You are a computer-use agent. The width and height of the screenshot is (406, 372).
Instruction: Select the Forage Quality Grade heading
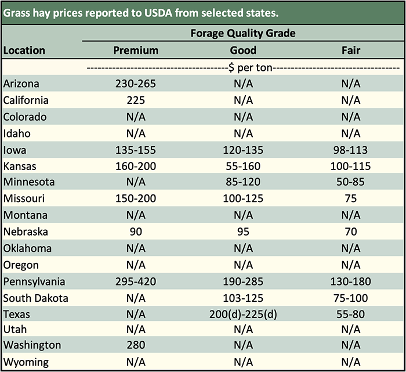point(243,33)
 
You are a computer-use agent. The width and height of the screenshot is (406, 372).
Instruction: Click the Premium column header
point(136,50)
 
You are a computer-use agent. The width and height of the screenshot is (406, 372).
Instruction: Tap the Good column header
point(243,50)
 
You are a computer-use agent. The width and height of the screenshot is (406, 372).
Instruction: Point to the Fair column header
point(351,50)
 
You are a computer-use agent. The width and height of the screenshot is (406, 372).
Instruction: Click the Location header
point(24,50)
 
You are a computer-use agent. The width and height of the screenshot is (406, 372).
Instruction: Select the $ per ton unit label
point(243,67)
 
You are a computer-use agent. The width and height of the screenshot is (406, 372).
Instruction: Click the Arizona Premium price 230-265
point(136,84)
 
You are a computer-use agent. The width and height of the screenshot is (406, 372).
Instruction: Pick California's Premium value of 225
point(136,100)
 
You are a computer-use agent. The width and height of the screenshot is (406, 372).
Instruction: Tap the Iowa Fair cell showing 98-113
point(351,150)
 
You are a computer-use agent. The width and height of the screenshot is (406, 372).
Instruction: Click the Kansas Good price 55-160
point(243,166)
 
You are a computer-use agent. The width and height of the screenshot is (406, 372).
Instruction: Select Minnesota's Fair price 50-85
point(351,182)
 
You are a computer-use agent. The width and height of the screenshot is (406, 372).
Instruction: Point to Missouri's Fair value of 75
point(351,199)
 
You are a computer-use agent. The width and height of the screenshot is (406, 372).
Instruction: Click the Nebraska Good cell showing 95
point(243,232)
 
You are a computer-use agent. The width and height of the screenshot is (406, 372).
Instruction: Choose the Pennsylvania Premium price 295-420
point(136,282)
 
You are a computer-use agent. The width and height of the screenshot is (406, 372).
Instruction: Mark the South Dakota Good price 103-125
point(243,298)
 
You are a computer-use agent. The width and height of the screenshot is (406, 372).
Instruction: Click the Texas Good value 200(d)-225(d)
point(243,315)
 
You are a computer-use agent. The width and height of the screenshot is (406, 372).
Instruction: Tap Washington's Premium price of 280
point(136,345)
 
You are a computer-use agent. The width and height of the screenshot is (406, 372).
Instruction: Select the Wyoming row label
point(26,362)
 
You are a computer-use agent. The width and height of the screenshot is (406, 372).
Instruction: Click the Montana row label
point(25,215)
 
